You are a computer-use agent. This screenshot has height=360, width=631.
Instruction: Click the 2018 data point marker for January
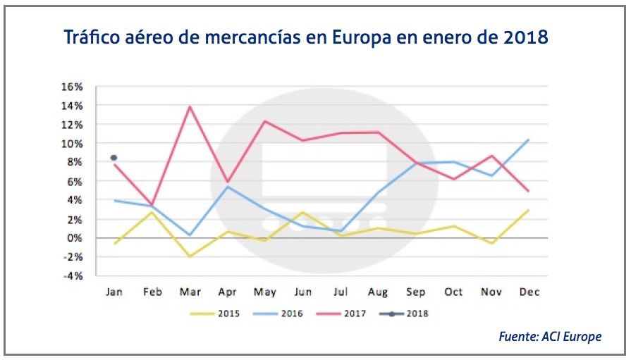(x=114, y=158)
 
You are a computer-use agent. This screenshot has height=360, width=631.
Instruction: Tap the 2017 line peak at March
(x=190, y=107)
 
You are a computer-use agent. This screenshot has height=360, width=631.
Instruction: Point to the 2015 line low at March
(x=190, y=256)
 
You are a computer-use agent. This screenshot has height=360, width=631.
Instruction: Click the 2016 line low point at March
(x=190, y=235)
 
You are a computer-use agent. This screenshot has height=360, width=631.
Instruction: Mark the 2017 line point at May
(x=265, y=121)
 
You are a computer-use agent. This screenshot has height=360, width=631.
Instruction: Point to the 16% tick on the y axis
(x=72, y=87)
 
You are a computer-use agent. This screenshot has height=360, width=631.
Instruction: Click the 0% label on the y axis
(x=75, y=238)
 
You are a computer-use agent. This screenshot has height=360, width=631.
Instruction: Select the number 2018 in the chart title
(x=525, y=37)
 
